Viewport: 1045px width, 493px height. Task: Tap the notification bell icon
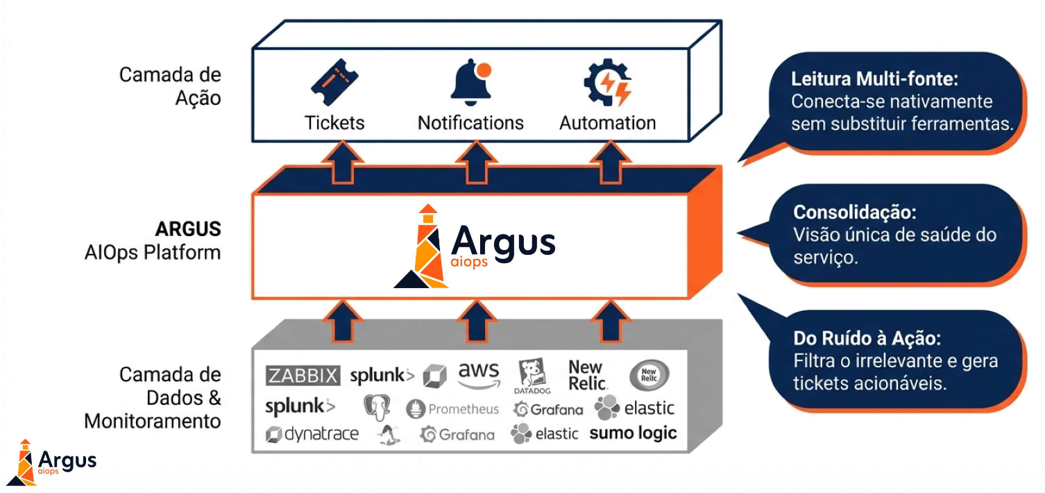point(471,83)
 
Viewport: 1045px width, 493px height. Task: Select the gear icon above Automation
point(607,84)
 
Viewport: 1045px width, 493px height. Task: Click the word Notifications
point(470,123)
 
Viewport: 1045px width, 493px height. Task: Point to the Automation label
point(607,123)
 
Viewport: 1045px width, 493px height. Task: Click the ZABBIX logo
point(303,376)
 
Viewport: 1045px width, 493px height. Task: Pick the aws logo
point(479,376)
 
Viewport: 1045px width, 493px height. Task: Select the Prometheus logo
point(452,409)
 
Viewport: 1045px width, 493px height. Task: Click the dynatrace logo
point(312,435)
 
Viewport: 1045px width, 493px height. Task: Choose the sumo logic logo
point(633,433)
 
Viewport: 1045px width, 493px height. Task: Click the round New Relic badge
point(649,376)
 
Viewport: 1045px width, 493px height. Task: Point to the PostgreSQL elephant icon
point(376,408)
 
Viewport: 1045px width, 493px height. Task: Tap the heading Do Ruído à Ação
point(867,339)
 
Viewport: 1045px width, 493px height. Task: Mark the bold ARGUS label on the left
point(187,228)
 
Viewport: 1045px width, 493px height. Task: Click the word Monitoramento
point(153,421)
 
